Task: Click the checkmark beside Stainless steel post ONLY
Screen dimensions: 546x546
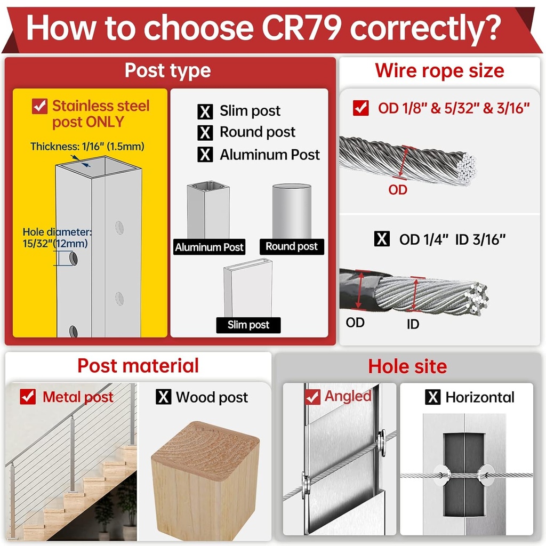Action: [39, 106]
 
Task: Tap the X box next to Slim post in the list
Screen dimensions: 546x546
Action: [205, 111]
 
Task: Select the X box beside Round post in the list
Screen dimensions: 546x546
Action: [205, 133]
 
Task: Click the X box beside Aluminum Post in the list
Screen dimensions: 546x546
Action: [205, 154]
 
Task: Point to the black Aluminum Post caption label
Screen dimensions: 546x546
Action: [209, 247]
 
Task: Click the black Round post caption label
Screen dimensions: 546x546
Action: [292, 246]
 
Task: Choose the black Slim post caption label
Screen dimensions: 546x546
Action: [248, 325]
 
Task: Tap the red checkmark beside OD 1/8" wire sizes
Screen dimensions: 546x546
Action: [361, 108]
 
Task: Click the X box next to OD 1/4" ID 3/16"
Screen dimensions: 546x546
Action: [382, 239]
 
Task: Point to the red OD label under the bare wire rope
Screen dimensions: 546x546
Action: [398, 190]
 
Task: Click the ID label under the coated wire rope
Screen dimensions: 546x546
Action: [413, 325]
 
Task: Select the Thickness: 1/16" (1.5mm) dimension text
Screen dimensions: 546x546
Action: [87, 146]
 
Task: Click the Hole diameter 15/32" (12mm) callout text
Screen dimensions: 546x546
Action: [56, 237]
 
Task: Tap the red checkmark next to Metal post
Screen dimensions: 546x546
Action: [28, 397]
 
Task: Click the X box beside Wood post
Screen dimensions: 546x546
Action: [163, 397]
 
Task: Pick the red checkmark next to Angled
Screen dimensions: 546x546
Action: [312, 397]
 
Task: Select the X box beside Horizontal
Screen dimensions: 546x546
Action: [433, 397]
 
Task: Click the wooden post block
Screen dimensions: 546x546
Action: [205, 481]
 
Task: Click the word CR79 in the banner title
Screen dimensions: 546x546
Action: [301, 28]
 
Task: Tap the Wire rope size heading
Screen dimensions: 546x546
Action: [439, 71]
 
